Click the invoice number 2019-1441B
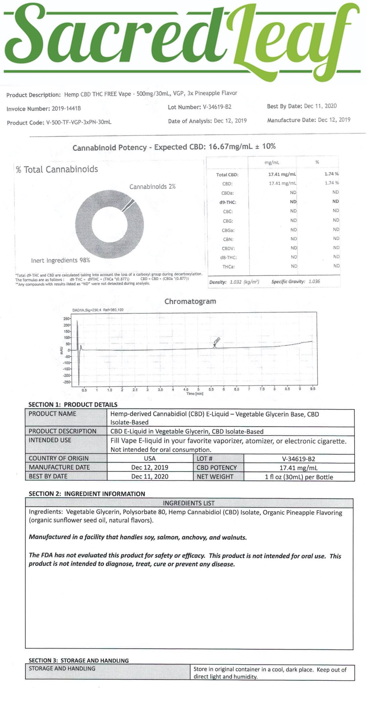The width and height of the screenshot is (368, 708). (x=66, y=109)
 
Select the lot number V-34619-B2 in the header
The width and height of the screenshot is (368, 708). (x=217, y=107)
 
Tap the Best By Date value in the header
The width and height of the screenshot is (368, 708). (x=320, y=106)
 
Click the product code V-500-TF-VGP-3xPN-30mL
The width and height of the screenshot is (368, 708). (x=79, y=122)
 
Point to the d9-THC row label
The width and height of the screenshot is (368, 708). (x=228, y=202)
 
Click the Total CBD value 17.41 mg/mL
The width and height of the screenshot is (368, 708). (x=282, y=174)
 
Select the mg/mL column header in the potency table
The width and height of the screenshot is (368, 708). (x=272, y=163)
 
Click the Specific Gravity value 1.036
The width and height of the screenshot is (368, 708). (x=314, y=281)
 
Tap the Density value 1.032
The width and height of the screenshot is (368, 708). (x=236, y=282)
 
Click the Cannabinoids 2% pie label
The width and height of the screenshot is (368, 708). (x=152, y=187)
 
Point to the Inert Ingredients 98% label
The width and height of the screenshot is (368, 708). (x=61, y=260)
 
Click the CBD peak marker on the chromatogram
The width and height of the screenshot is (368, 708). (x=215, y=345)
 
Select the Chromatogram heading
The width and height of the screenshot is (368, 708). (x=190, y=301)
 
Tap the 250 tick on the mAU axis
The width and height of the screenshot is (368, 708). (x=66, y=319)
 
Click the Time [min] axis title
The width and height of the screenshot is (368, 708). (x=195, y=393)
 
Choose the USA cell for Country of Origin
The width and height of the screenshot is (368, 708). (x=150, y=458)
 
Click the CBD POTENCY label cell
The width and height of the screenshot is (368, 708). (x=217, y=468)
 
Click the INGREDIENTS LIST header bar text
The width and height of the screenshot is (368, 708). (x=189, y=503)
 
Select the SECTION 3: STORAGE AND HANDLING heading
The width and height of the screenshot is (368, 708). (x=79, y=660)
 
